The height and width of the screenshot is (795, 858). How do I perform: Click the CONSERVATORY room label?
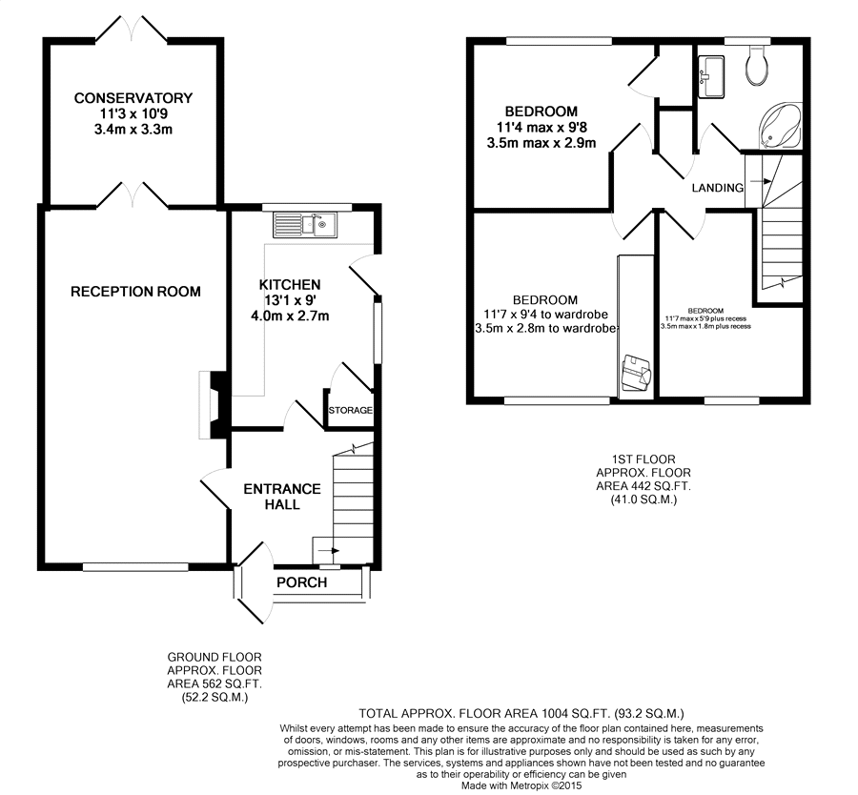point(133,98)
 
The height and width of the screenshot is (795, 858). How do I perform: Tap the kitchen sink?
point(305,225)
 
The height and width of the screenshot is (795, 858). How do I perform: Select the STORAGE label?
point(350,410)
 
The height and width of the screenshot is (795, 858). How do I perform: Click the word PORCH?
point(301,582)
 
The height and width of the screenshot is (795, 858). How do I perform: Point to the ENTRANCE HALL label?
point(282,497)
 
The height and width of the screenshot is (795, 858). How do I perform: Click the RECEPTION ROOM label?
point(135,291)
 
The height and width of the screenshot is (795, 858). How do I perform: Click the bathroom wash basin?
point(711,77)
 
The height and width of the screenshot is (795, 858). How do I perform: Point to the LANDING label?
point(717,188)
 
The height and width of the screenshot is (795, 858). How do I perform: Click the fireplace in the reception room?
point(213,405)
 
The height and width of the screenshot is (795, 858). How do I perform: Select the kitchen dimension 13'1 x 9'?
point(290,300)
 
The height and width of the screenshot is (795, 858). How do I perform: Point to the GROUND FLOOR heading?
point(214,657)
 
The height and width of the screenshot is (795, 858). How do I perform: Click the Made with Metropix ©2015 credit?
point(521,785)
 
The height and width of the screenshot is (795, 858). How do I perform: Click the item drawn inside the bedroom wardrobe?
point(637,373)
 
